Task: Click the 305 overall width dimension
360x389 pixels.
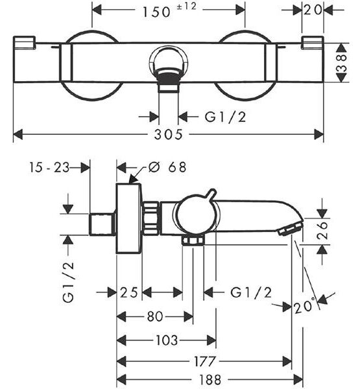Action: point(168,134)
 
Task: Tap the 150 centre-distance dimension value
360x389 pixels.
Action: point(156,12)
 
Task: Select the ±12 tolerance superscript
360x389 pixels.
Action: point(186,6)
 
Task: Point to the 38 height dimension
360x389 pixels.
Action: point(342,63)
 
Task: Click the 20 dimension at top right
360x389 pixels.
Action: point(313,10)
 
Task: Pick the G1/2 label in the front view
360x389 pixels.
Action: point(225,117)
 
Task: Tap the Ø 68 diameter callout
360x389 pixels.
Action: point(167,167)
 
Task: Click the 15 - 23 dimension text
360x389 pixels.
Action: point(49,167)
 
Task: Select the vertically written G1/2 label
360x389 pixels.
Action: point(68,282)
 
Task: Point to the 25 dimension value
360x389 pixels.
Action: point(129,292)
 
